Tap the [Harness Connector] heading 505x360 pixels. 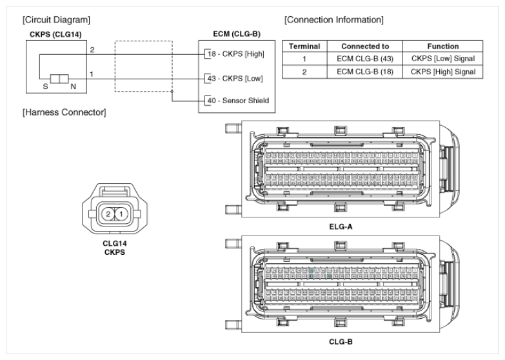pos(64,113)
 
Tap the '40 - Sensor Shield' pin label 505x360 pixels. pos(235,101)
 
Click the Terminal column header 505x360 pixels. pos(304,46)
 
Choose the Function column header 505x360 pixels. pos(442,46)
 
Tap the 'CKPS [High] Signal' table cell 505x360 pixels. pos(442,70)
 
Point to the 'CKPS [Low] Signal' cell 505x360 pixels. pos(442,59)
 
